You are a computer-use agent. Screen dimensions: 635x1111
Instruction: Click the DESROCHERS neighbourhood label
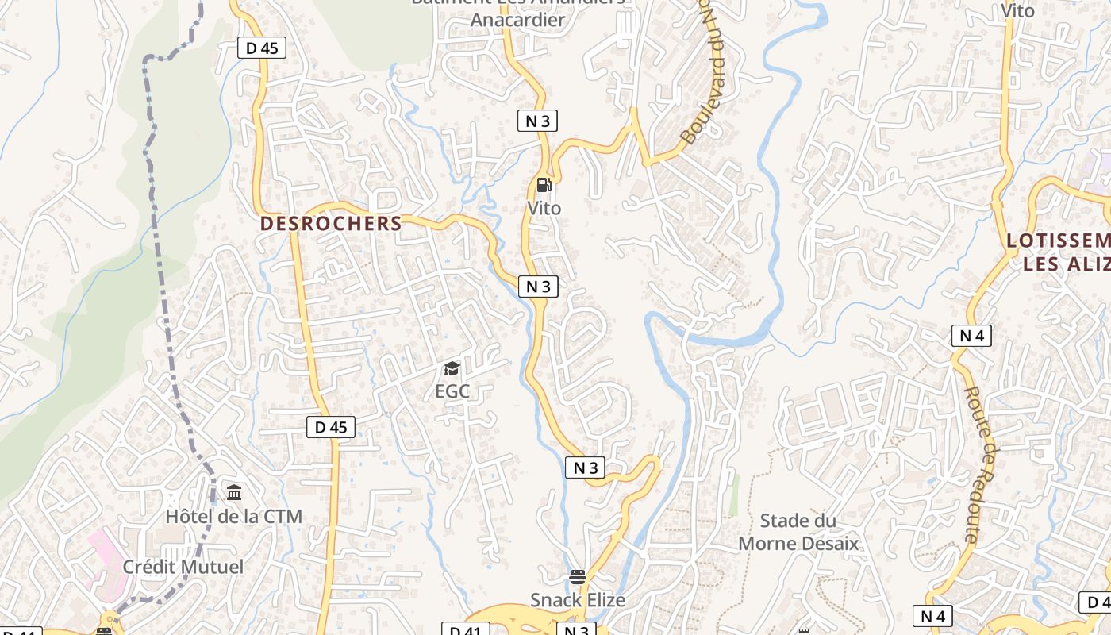click(x=331, y=224)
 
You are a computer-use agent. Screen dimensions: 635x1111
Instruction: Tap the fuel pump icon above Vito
click(x=544, y=186)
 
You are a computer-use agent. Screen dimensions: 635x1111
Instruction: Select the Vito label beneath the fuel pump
click(x=544, y=209)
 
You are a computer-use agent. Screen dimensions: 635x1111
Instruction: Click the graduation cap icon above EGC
click(x=452, y=368)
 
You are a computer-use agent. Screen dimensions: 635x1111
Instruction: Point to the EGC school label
click(x=452, y=391)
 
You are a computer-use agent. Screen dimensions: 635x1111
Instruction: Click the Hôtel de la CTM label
click(x=233, y=517)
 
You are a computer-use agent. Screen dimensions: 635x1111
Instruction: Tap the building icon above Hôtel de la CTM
click(x=234, y=493)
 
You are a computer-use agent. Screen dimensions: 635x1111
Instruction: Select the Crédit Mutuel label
click(x=183, y=568)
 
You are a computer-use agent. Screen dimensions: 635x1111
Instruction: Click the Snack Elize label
click(x=578, y=600)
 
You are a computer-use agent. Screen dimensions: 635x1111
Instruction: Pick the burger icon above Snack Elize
click(x=578, y=577)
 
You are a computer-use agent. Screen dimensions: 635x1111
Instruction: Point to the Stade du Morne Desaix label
click(x=798, y=532)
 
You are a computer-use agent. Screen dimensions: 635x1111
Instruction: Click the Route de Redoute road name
click(x=982, y=464)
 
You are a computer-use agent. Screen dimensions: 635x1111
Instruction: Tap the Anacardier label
click(x=517, y=20)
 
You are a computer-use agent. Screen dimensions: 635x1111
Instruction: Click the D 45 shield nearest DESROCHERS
click(x=262, y=48)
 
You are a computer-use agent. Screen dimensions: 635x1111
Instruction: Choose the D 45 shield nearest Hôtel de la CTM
click(x=330, y=427)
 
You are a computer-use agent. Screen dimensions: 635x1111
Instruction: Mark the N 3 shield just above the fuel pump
click(x=537, y=121)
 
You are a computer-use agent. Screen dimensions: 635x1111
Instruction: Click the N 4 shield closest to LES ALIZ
click(x=971, y=336)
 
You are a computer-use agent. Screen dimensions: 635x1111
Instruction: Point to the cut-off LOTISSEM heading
click(x=1058, y=241)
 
